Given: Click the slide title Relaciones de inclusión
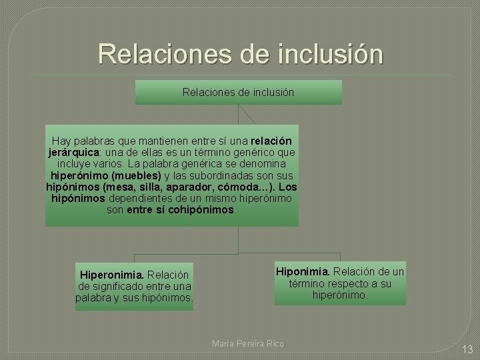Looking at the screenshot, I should point(240,53).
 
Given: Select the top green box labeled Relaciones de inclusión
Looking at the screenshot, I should point(238,92).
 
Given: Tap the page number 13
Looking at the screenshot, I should point(467,349).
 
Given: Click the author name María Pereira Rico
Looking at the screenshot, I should point(247,343).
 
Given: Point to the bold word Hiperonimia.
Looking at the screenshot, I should point(111,275).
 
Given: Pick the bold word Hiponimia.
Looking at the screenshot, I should point(303,272).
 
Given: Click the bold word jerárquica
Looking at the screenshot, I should point(71,152).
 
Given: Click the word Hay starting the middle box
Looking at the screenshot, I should point(61,141).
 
